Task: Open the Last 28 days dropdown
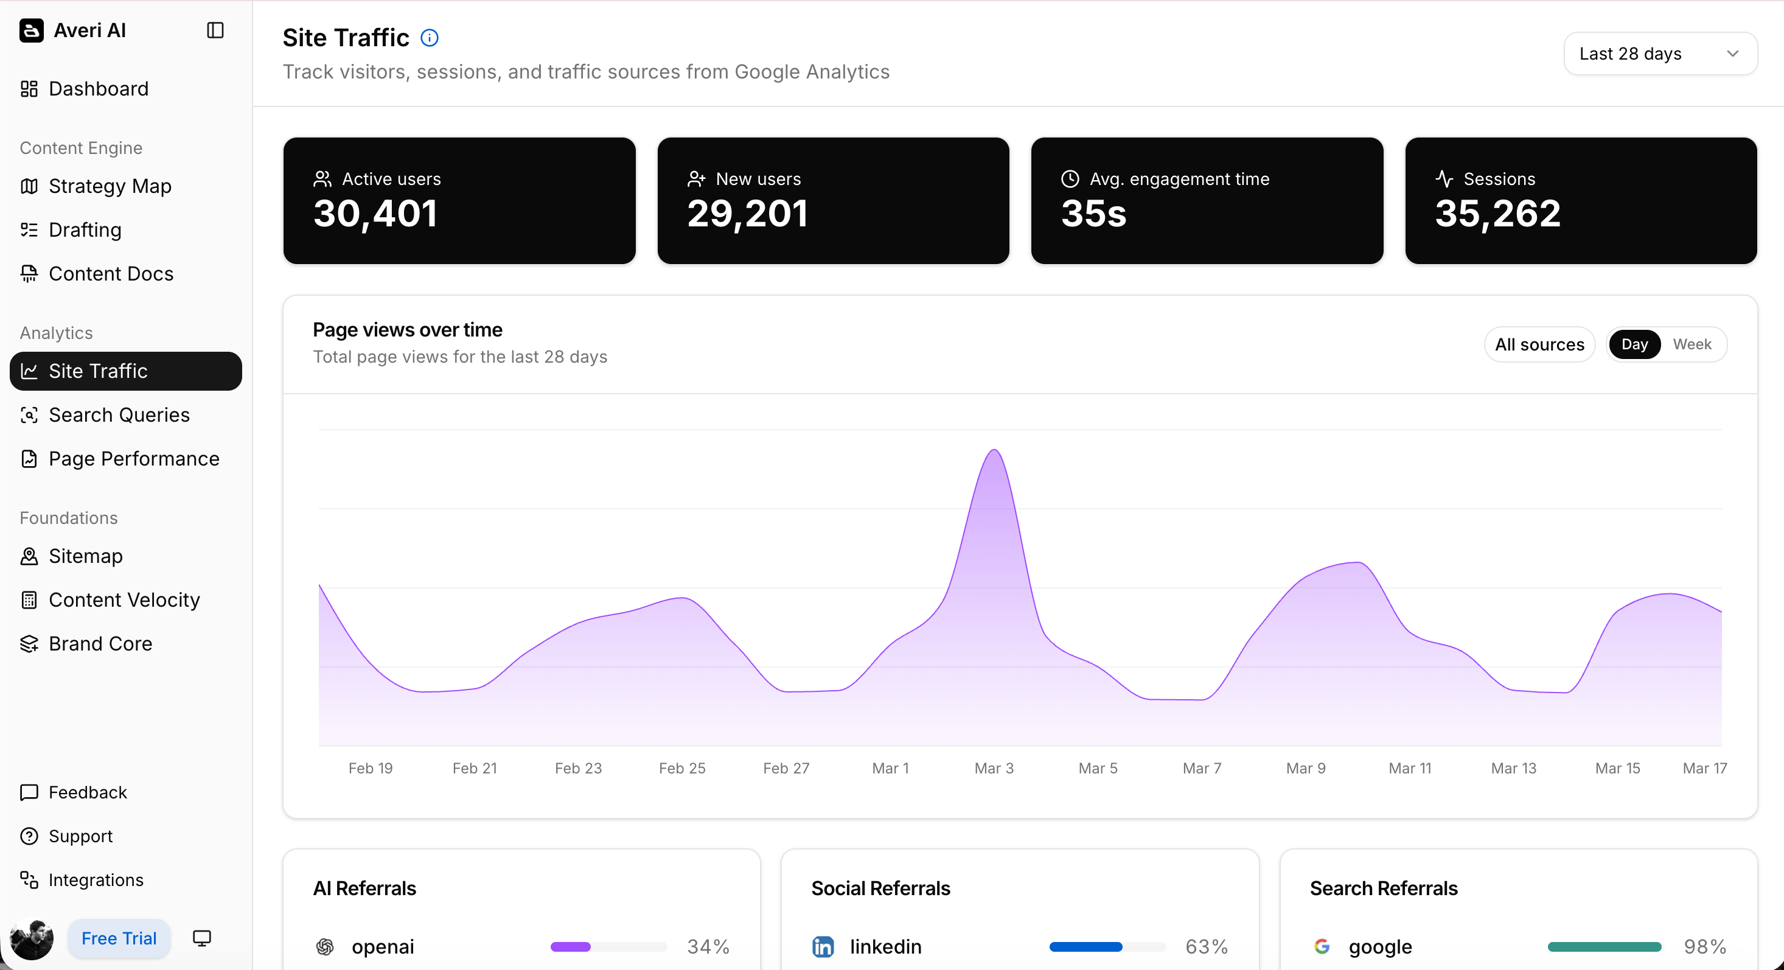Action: (1659, 54)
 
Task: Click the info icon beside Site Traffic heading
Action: (430, 38)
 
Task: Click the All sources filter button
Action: (1539, 344)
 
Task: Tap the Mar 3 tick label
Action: (994, 769)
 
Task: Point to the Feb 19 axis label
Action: (371, 769)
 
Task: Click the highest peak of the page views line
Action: (994, 450)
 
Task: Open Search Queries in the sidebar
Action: (119, 415)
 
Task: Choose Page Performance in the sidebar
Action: (134, 459)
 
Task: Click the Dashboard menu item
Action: (99, 89)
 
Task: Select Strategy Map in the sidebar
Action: (110, 186)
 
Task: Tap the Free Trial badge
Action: (119, 938)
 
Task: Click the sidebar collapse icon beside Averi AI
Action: (215, 30)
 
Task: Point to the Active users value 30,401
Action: (375, 214)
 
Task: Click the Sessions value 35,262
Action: (1497, 214)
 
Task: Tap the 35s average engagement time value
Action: (1093, 214)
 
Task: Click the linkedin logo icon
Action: (823, 946)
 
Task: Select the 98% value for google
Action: (1704, 946)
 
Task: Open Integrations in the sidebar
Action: (96, 880)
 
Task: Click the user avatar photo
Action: (32, 939)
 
